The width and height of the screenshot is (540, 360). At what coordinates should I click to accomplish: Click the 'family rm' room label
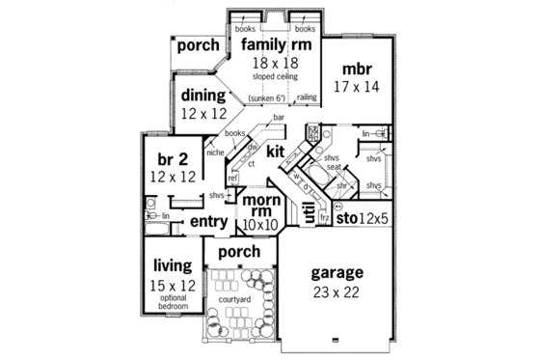(276, 45)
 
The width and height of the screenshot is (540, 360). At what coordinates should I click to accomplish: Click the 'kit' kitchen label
(277, 151)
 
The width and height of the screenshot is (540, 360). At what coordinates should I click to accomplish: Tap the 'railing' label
(307, 97)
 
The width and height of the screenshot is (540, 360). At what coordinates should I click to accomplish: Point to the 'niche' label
(215, 152)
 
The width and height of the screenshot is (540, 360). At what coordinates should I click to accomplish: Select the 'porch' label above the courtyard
(239, 251)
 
